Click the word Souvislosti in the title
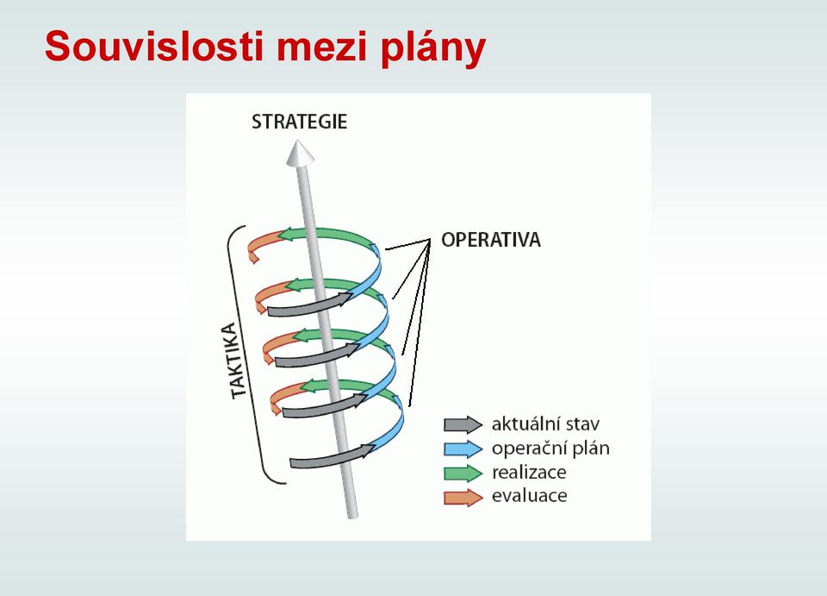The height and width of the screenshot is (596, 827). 154,46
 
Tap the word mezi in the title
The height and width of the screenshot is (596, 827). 321,46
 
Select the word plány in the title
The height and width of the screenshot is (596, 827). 432,48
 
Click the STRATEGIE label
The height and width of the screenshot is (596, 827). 299,122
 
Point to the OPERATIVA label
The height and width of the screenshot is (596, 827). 491,240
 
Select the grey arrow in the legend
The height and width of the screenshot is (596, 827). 463,424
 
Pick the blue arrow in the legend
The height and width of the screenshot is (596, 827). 463,449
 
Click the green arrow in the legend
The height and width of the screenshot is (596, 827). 463,473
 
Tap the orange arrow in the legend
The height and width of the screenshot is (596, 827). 463,498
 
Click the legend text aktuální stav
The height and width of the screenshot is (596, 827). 545,423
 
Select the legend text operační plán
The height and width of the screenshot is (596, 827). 550,449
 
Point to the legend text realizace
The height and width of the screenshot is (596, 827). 529,472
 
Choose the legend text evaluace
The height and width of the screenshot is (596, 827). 530,496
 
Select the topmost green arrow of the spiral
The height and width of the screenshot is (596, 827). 330,234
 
